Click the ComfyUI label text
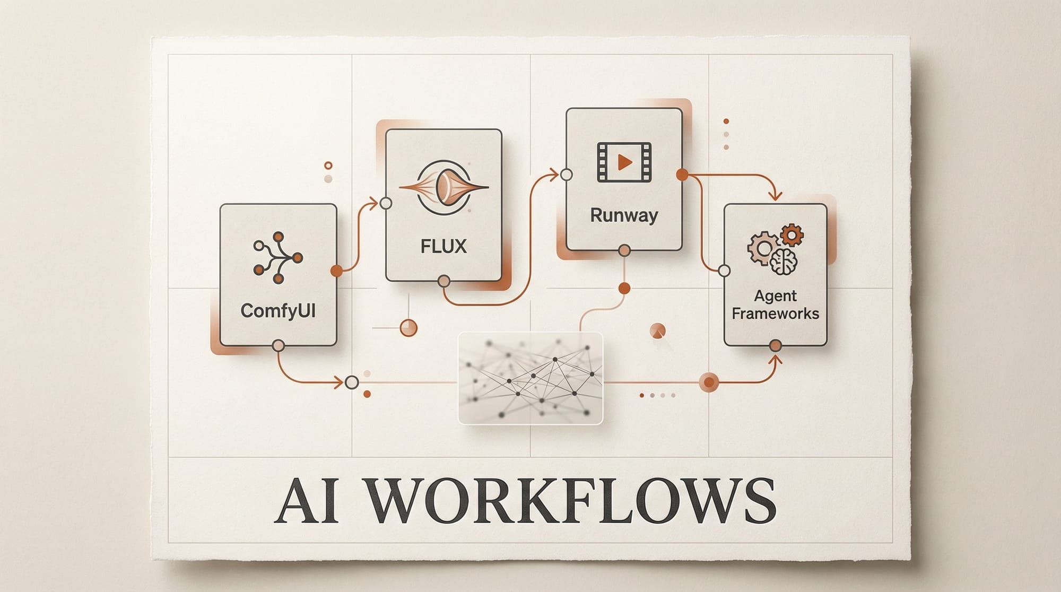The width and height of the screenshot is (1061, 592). click(x=278, y=310)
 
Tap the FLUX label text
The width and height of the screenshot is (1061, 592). click(x=443, y=246)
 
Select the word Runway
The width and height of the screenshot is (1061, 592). click(x=624, y=215)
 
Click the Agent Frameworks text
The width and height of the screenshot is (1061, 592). click(x=775, y=304)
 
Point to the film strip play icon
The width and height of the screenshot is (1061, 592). click(x=624, y=162)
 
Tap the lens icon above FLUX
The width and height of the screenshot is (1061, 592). click(x=443, y=187)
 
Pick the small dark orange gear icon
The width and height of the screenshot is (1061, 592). click(x=792, y=234)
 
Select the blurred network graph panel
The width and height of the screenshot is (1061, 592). click(x=530, y=378)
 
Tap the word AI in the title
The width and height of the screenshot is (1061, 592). click(x=306, y=501)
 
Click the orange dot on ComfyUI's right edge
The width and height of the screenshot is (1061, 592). click(x=336, y=271)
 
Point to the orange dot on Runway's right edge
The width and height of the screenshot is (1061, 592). click(x=682, y=175)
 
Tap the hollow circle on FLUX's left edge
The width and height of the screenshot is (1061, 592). click(x=386, y=203)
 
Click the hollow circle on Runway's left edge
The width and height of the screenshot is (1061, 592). click(x=567, y=175)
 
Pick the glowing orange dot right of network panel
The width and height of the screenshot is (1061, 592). click(x=709, y=382)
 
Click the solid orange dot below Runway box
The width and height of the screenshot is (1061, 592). click(x=624, y=289)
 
